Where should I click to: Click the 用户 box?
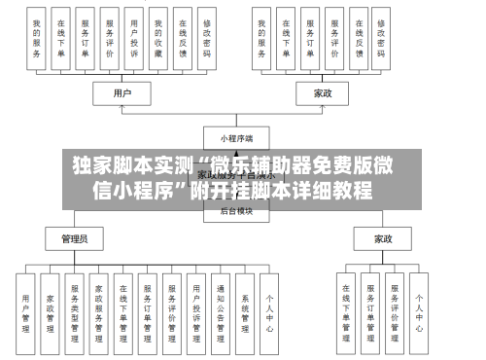122,93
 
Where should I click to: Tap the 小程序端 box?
235,138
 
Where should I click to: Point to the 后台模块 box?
235,209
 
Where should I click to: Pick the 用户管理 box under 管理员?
26,312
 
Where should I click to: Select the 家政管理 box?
51,312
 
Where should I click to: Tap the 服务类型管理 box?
75,312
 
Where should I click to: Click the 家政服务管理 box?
99,312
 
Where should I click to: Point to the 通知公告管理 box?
221,312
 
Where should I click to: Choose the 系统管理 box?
245,312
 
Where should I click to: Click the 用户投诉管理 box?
196,312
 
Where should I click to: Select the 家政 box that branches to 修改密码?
323,93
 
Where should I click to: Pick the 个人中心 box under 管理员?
270,312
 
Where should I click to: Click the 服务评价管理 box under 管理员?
172,312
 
